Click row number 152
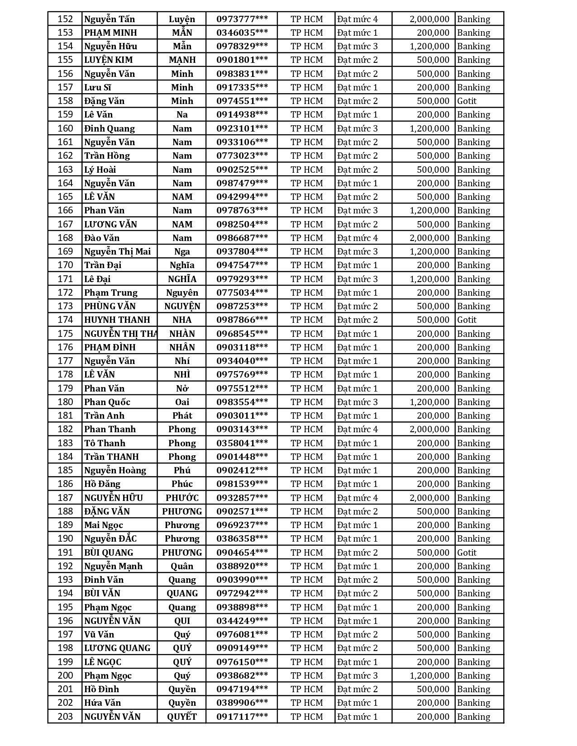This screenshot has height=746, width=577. point(65,19)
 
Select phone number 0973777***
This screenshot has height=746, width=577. point(242,19)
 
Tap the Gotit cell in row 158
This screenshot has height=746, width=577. point(467,101)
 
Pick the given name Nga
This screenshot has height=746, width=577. point(182,251)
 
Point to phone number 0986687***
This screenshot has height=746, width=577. point(242,238)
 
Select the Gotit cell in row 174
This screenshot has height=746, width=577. point(467,320)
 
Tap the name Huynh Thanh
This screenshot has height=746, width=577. point(117,320)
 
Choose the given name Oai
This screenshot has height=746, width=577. point(182,402)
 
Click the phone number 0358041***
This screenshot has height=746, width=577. point(242,443)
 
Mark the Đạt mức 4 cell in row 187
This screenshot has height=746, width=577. point(357,498)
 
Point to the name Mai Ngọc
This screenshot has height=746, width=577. point(104,525)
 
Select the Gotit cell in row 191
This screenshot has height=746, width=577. point(467,552)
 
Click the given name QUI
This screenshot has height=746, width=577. point(182,621)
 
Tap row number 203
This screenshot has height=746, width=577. point(65,717)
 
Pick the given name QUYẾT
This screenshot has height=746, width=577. point(182,717)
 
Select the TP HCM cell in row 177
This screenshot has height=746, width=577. point(306,361)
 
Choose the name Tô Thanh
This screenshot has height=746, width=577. point(105,443)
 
